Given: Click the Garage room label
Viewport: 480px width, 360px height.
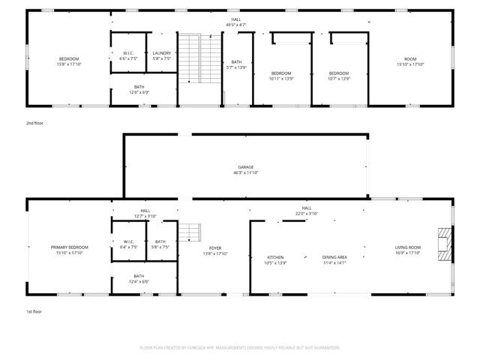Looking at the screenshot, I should pyautogui.click(x=245, y=166).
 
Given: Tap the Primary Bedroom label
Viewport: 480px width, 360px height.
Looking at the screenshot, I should pyautogui.click(x=69, y=247).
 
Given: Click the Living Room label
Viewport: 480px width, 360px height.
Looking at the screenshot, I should pyautogui.click(x=409, y=247).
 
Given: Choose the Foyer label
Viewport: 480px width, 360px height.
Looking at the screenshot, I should pyautogui.click(x=215, y=247).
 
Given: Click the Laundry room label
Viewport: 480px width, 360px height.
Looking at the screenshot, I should pyautogui.click(x=162, y=53).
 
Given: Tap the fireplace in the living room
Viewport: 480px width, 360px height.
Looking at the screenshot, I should pyautogui.click(x=445, y=244).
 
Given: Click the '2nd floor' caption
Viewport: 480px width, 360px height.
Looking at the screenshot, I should pyautogui.click(x=35, y=122).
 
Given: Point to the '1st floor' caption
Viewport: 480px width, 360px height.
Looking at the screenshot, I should pyautogui.click(x=34, y=310).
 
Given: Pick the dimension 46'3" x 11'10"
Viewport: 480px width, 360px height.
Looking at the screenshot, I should pyautogui.click(x=245, y=172).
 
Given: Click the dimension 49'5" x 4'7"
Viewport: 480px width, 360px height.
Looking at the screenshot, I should pyautogui.click(x=236, y=25).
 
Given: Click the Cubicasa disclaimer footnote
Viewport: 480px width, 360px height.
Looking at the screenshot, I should pyautogui.click(x=240, y=348).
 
